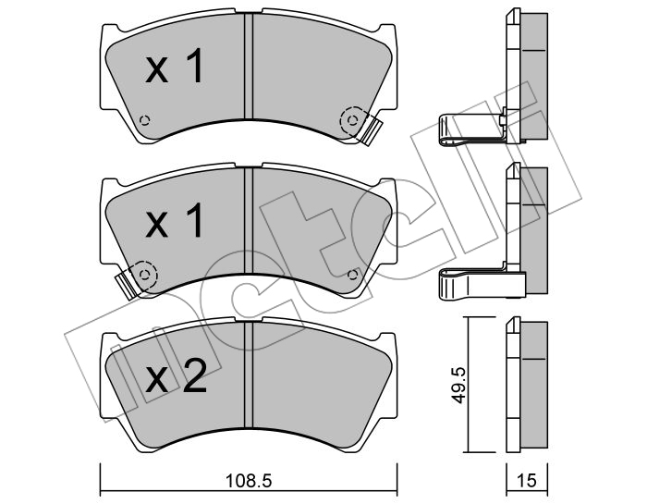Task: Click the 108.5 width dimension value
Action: [249, 481]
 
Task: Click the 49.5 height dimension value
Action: [458, 385]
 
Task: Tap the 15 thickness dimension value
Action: [527, 481]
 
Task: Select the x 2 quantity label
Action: [177, 375]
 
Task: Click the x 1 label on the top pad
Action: [174, 66]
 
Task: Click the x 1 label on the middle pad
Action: [174, 220]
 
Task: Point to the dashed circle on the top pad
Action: [352, 120]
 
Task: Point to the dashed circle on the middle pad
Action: [144, 275]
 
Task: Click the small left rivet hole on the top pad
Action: [144, 120]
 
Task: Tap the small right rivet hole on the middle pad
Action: [352, 275]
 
